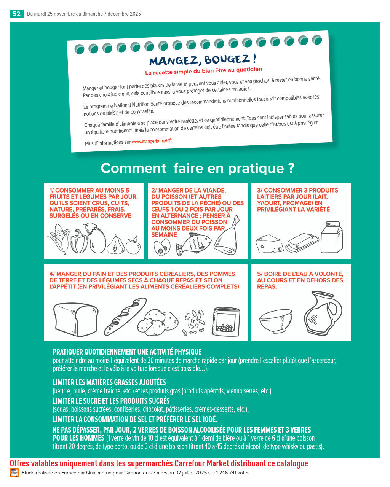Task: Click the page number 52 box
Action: tap(16, 14)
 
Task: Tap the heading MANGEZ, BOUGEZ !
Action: tap(203, 60)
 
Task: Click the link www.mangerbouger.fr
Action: tap(152, 141)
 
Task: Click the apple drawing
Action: tap(133, 245)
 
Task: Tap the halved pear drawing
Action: tap(115, 245)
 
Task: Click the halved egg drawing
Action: tap(162, 248)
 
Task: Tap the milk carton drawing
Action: tap(331, 237)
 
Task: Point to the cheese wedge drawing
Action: tap(269, 243)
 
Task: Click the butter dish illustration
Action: tap(302, 243)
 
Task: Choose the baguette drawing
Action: tap(125, 317)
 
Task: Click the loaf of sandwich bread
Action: tap(76, 320)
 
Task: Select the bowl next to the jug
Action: tap(276, 321)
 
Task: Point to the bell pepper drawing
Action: tap(79, 241)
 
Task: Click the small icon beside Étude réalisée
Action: tap(14, 473)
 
